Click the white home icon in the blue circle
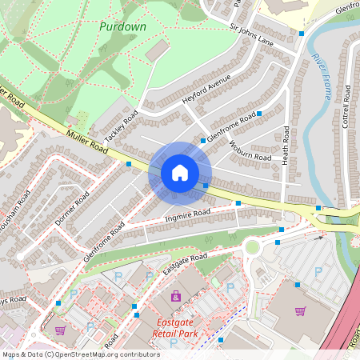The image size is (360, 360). pyautogui.click(x=180, y=173)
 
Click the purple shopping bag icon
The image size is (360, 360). pyautogui.click(x=176, y=297)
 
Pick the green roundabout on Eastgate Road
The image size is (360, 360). pyautogui.click(x=253, y=246)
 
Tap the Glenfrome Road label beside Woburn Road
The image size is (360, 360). pyautogui.click(x=231, y=127)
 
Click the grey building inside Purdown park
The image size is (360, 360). pyautogui.click(x=157, y=50)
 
